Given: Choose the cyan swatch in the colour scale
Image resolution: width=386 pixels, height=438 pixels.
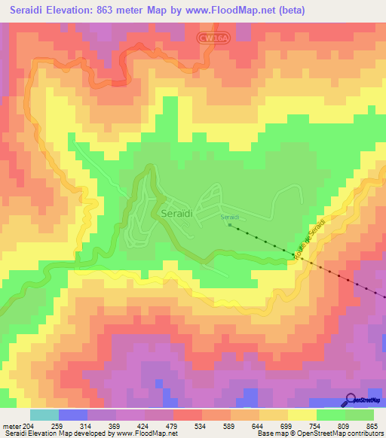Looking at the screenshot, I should tap(44, 415).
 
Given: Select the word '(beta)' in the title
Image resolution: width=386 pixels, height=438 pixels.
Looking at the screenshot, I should tap(357, 11).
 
